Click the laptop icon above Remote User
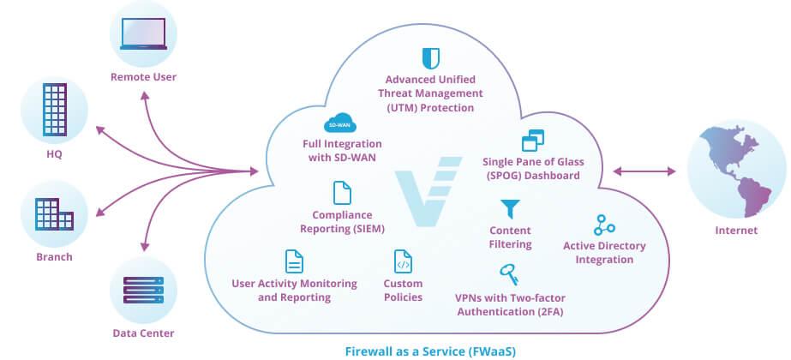coord(143,34)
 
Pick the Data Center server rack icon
coord(143,291)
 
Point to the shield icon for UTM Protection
coord(430,59)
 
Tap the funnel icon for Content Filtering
coord(510,209)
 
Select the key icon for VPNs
coord(508,276)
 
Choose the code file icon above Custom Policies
coord(403,261)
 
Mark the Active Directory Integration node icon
coord(604,225)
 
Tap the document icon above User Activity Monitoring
coord(294,261)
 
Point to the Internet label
coord(736,231)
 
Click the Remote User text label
coord(143,78)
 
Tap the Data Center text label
coord(143,333)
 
